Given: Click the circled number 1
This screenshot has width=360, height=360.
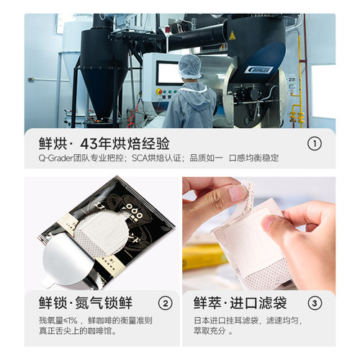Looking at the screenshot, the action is pos(315,143).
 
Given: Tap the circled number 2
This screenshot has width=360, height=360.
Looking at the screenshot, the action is pos(166,303).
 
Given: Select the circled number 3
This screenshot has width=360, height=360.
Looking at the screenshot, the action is pos(315,303).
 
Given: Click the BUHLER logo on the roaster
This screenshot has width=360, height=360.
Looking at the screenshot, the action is pos(259,70).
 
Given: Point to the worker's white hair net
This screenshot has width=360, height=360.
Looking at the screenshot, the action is pos(190,66).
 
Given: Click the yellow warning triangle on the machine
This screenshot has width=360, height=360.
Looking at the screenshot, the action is pos(232,36).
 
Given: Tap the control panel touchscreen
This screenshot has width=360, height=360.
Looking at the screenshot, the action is pos(168,73).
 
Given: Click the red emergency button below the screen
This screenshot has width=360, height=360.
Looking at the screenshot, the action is pos(159,91).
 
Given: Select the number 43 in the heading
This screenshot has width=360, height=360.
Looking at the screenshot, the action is pos(89,144).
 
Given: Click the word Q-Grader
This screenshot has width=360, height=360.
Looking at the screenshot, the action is pos(56,158).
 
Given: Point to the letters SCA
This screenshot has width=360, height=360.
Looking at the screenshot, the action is pos(140,158).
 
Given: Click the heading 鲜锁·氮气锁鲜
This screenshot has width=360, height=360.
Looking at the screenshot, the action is pos(86,303).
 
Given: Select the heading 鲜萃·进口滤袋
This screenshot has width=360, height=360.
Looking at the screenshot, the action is pos(240,303).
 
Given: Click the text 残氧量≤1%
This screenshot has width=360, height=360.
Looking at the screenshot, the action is pos(58,320).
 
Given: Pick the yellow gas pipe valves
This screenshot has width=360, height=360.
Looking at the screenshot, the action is pos(297,117).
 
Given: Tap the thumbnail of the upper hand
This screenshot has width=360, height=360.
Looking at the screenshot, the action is pos(238,193).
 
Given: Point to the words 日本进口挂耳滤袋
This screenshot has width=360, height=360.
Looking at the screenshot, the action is pos(226,320).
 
